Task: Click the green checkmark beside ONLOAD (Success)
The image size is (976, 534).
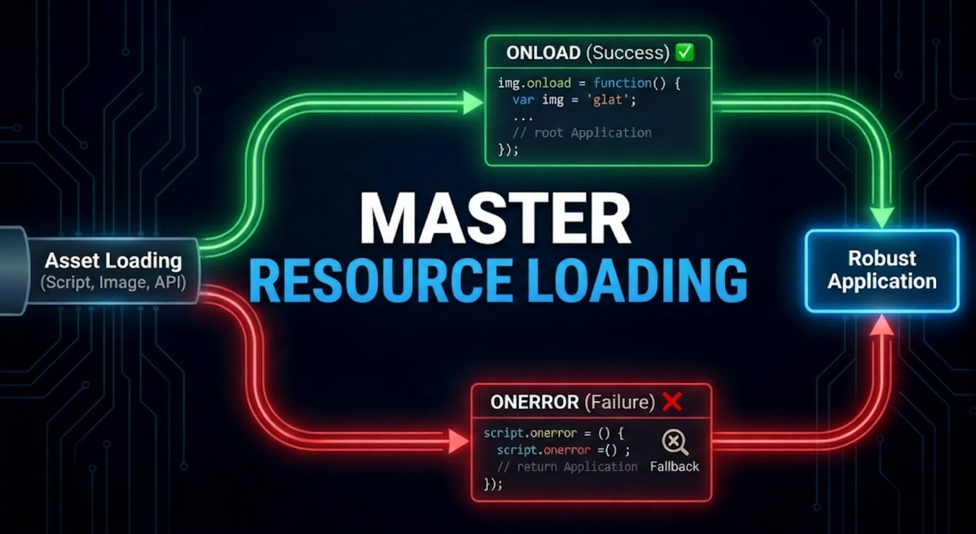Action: tap(684, 53)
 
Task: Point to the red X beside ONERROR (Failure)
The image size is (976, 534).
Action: tap(671, 402)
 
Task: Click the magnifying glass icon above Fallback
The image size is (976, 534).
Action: tap(675, 443)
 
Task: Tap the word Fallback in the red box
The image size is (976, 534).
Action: tap(675, 467)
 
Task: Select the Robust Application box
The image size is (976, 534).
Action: tap(882, 271)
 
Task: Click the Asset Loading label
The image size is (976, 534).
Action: tap(113, 261)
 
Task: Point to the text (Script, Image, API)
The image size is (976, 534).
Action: tap(113, 283)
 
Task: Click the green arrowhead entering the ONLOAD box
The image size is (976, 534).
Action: tap(472, 102)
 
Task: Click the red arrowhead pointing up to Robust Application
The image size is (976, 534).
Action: tap(882, 325)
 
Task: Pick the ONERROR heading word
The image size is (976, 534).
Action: tap(534, 403)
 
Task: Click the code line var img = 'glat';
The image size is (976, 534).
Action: tap(574, 100)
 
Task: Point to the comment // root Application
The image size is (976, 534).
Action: tap(582, 133)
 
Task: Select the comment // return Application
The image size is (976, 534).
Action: tap(567, 467)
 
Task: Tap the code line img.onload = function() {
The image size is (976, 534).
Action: tap(589, 83)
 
